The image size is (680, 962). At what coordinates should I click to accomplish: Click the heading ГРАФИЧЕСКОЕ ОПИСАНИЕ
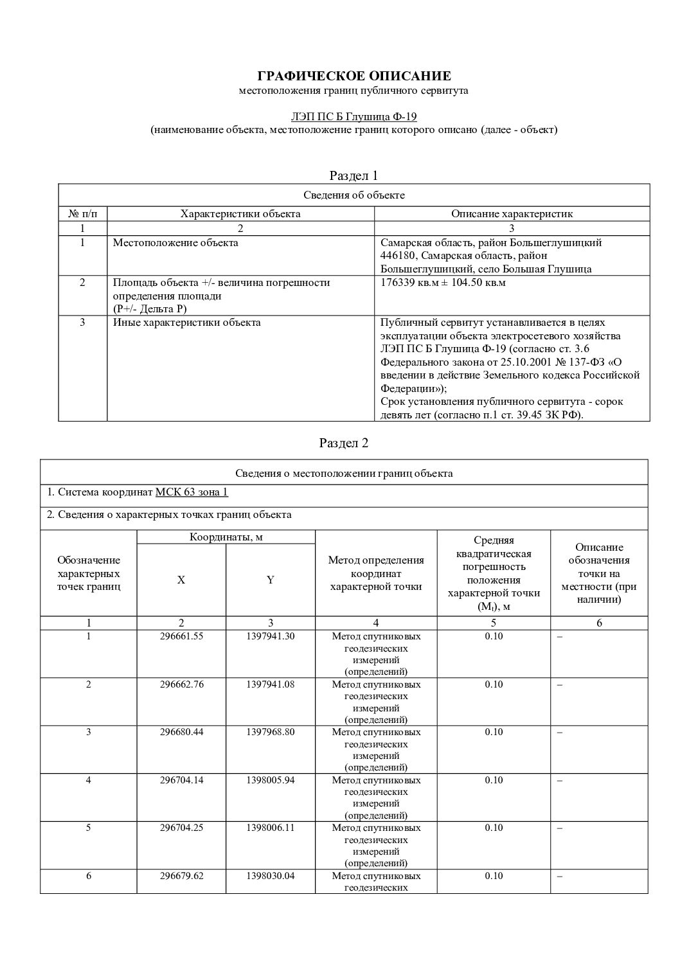[353, 76]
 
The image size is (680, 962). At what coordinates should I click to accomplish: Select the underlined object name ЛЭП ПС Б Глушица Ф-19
[353, 116]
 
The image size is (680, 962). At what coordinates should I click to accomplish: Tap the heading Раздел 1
[353, 175]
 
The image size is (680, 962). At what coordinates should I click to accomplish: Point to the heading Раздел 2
[344, 443]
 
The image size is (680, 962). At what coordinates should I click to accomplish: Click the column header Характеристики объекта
[240, 214]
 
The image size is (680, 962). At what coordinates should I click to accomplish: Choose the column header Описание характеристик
[512, 214]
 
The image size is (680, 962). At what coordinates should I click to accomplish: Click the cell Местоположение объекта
[175, 243]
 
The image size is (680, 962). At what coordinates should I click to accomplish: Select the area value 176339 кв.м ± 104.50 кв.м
[443, 283]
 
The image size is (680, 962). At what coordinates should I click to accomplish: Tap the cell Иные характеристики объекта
[187, 323]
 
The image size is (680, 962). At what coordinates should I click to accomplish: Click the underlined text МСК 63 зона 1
[192, 492]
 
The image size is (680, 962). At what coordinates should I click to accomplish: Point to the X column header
[181, 580]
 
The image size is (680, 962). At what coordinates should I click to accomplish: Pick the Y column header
[271, 580]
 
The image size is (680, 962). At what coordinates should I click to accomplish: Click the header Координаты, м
[226, 537]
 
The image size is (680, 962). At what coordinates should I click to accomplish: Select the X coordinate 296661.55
[181, 636]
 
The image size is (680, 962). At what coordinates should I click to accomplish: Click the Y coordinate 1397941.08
[271, 684]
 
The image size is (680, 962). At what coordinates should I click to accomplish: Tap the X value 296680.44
[181, 732]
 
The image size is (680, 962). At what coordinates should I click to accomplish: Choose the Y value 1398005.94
[271, 780]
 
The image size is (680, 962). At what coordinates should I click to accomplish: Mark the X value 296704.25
[181, 828]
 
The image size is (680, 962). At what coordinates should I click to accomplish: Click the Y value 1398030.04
[271, 876]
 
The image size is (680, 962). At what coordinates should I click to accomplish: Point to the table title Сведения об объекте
[353, 195]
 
